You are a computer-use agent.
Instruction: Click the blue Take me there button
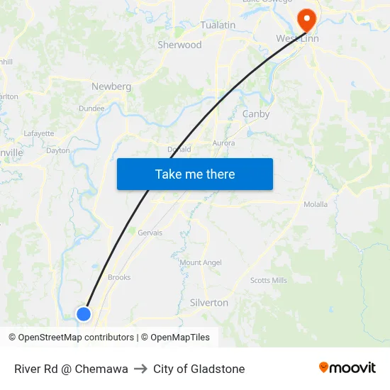pyautogui.click(x=195, y=174)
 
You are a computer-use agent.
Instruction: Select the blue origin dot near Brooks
pyautogui.click(x=84, y=313)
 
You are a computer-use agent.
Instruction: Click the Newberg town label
pyautogui.click(x=111, y=87)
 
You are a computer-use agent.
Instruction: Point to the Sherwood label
pyautogui.click(x=179, y=45)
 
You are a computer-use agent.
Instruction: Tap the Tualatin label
pyautogui.click(x=218, y=25)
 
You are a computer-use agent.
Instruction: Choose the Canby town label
pyautogui.click(x=256, y=113)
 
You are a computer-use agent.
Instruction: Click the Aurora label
pyautogui.click(x=223, y=143)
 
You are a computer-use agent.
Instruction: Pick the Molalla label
pyautogui.click(x=316, y=204)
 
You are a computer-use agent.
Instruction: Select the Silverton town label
pyautogui.click(x=209, y=303)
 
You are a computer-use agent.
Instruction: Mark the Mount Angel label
pyautogui.click(x=201, y=262)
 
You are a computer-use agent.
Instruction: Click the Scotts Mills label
pyautogui.click(x=269, y=280)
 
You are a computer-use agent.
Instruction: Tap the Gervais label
pyautogui.click(x=150, y=233)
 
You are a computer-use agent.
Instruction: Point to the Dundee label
pyautogui.click(x=91, y=108)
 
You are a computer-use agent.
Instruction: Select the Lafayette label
pyautogui.click(x=39, y=133)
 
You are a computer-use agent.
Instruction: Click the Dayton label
pyautogui.click(x=58, y=150)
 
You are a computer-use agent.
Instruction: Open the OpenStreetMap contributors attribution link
pyautogui.click(x=76, y=338)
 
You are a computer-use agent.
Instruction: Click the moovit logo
pyautogui.click(x=347, y=368)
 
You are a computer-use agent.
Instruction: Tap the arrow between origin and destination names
pyautogui.click(x=140, y=369)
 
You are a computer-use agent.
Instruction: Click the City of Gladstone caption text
pyautogui.click(x=199, y=369)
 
